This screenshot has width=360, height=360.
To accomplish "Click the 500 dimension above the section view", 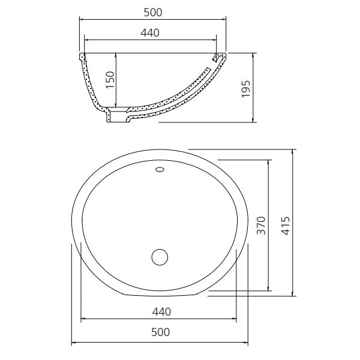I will point(154,12).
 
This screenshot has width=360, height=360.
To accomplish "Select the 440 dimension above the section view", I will point(150,33).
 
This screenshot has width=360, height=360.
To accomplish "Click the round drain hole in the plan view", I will point(160,257).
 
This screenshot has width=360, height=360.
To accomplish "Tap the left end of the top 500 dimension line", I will point(80,20).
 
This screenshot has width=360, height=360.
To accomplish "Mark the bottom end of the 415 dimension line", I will point(293,295).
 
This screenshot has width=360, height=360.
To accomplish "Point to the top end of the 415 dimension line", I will point(293,148).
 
